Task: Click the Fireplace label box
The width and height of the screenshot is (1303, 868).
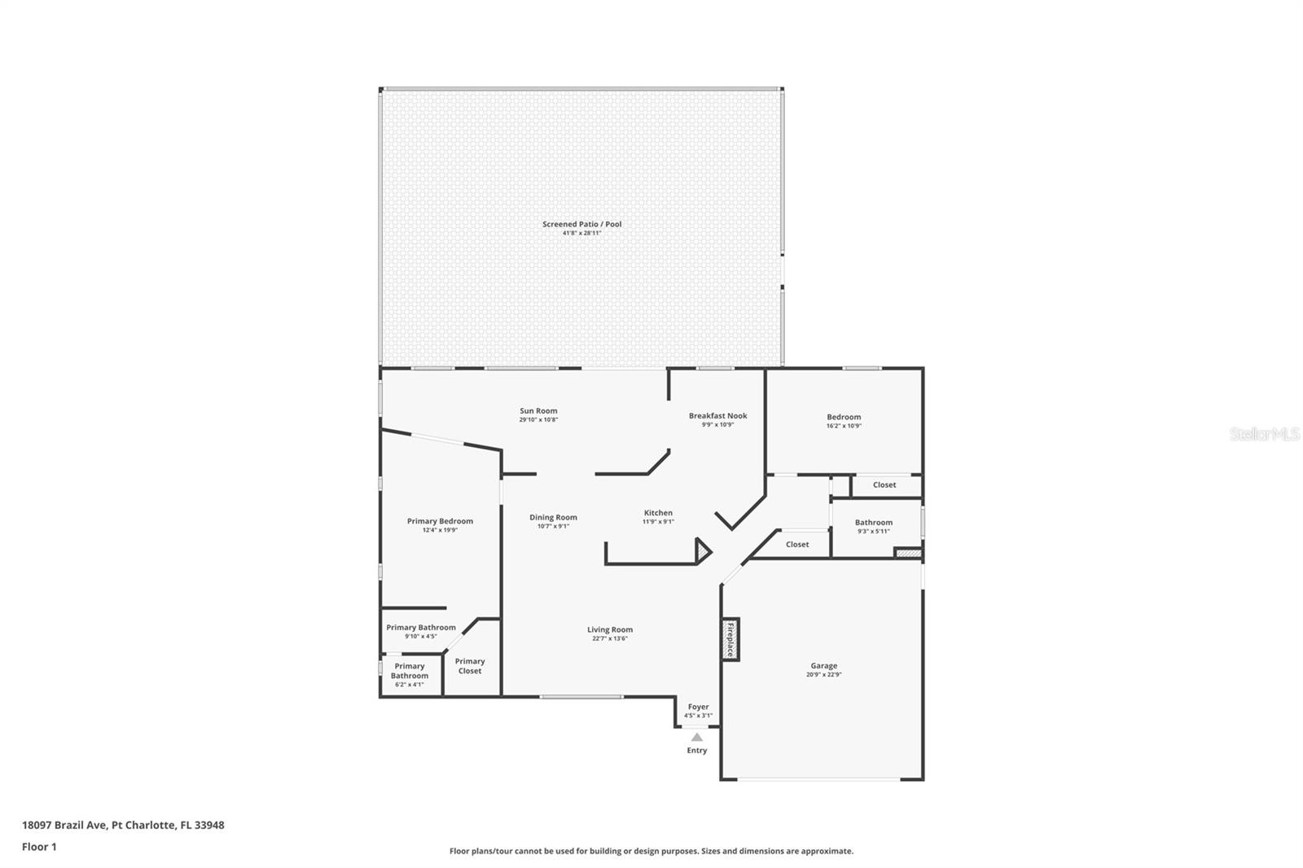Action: [x=730, y=639]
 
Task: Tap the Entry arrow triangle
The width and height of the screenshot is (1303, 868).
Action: [x=697, y=737]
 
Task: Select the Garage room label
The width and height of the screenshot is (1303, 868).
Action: [x=823, y=665]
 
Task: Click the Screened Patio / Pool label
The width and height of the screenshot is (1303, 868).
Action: [x=581, y=224]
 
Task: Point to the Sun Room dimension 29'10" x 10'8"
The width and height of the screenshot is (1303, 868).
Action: [x=538, y=420]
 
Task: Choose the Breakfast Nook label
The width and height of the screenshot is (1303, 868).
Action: [x=717, y=415]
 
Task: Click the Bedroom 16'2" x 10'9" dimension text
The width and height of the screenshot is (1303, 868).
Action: [x=844, y=426]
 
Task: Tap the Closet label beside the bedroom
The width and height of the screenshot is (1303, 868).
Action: [x=884, y=484]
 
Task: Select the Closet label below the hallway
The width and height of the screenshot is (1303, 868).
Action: [x=797, y=544]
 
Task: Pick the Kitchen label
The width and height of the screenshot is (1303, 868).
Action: [x=658, y=513]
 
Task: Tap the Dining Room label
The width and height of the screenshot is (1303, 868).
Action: [x=553, y=517]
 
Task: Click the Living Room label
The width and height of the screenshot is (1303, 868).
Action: [x=610, y=629]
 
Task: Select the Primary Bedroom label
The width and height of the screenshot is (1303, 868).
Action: [x=440, y=521]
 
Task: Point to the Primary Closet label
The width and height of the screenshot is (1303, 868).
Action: [x=470, y=666]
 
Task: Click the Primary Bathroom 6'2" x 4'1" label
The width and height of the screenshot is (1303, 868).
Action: [x=410, y=675]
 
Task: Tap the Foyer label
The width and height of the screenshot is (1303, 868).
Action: [x=698, y=707]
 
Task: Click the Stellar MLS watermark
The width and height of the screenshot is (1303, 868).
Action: [x=1264, y=435]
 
